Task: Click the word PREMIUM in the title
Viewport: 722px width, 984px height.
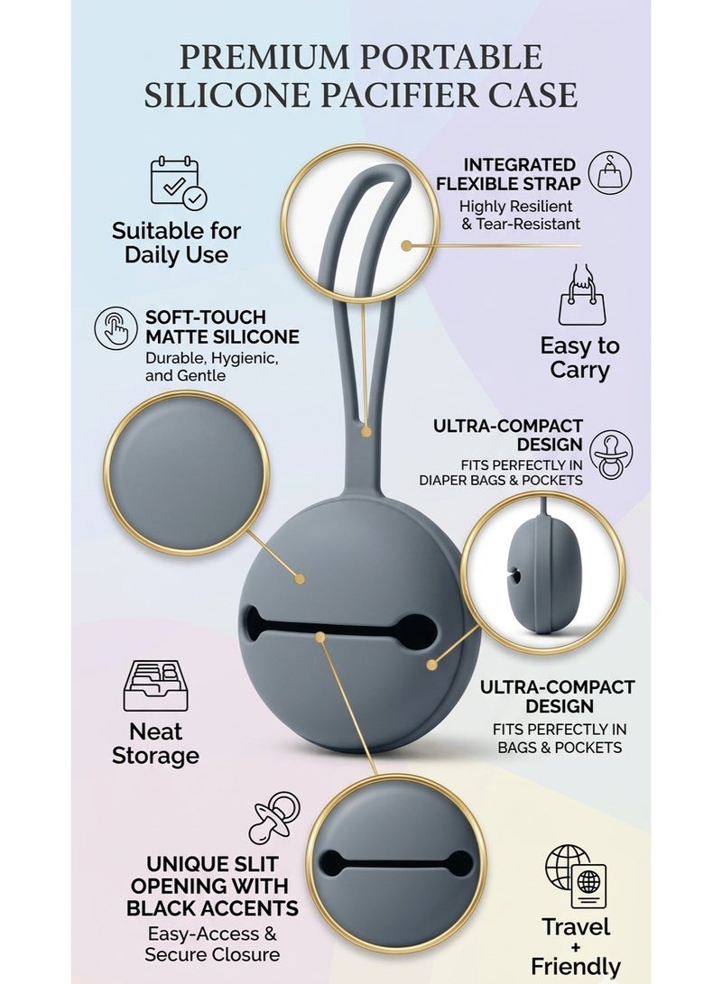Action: pos(264,58)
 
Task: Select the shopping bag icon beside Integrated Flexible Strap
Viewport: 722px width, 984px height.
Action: pos(609,172)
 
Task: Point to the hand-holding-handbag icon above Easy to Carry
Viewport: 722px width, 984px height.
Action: pos(582,294)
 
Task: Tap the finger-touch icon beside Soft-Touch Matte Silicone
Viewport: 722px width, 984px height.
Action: pos(116,327)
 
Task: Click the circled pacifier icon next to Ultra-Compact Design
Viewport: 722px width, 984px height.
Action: pos(610,455)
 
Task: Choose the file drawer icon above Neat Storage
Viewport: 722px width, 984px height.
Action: pos(155,685)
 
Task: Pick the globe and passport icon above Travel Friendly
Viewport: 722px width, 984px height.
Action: pos(577,876)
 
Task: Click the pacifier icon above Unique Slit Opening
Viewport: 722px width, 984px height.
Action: pos(274,817)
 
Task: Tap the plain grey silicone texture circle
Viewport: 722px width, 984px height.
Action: pos(187,473)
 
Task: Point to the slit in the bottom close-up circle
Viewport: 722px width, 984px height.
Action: pos(396,863)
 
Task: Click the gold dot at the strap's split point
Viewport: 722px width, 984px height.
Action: pos(366,432)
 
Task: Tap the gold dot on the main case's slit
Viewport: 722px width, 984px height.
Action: pos(320,637)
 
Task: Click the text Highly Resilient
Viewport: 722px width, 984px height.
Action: pos(515,207)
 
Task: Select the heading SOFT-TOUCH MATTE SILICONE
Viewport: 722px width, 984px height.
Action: pos(222,327)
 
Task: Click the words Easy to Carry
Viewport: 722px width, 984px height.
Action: pos(579,358)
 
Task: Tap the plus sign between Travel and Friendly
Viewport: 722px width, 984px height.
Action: pos(576,948)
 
